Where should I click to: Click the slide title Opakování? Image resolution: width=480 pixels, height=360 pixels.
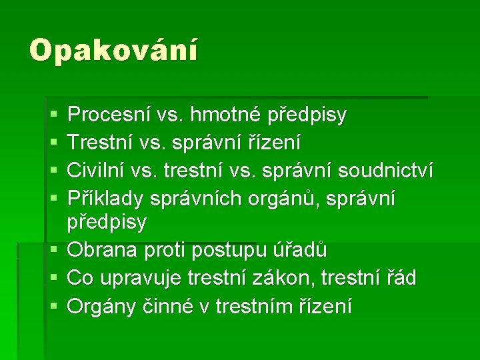click(x=113, y=51)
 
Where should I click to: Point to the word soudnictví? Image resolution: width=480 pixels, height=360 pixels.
click(x=385, y=171)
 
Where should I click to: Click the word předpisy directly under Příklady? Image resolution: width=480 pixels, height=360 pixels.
click(x=107, y=223)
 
